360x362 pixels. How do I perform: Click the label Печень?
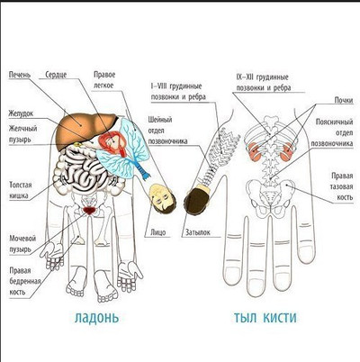point(20,75)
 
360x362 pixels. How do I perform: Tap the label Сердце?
point(56,75)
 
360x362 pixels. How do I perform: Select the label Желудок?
point(21,113)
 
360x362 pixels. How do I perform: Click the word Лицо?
point(158,232)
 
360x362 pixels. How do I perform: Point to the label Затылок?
point(198,232)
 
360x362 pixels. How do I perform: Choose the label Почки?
point(344,100)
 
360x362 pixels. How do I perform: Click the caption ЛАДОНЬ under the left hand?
point(96,318)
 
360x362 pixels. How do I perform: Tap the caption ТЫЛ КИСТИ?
point(265,318)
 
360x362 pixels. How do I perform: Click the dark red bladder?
point(89,210)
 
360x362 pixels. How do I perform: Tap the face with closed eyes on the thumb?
point(162,199)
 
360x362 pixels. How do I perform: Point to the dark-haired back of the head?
point(197,199)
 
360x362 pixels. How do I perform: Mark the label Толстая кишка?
point(21,190)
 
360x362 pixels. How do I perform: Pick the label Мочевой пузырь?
point(22,244)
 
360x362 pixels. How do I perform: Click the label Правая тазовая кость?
point(342,186)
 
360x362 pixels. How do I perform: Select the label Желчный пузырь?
point(22,134)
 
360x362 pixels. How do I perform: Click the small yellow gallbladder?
point(78,144)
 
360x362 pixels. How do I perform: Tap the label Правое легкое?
point(104,80)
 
